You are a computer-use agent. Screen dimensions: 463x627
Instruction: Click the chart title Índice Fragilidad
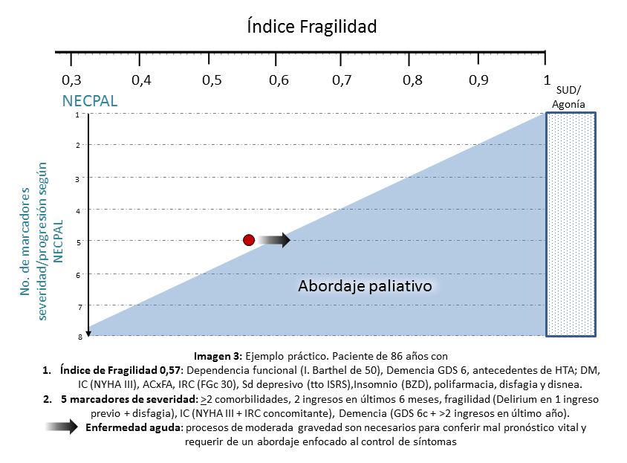[312, 27]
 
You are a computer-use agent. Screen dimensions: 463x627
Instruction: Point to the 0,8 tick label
[411, 80]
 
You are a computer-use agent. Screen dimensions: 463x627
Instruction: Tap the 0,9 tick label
[478, 80]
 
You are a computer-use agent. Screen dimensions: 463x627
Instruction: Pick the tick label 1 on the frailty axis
[546, 80]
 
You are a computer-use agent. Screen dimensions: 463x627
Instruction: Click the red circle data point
[249, 240]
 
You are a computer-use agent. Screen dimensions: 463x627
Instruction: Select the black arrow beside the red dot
[274, 240]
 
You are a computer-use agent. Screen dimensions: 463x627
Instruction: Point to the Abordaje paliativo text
[365, 286]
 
